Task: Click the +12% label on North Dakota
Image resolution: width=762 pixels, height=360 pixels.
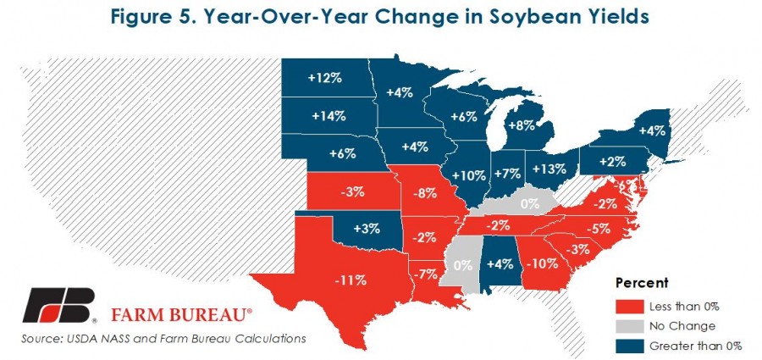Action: point(325,78)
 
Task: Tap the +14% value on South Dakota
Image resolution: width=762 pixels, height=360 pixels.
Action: point(329,116)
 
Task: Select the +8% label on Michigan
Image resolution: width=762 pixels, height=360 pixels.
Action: point(521,125)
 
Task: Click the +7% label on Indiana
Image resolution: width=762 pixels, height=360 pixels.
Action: point(507,173)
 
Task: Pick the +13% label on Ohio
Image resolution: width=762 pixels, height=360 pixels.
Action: point(549,169)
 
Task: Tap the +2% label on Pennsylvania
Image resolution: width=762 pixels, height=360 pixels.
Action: point(612,162)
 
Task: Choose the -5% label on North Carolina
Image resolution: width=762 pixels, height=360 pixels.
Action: point(598,228)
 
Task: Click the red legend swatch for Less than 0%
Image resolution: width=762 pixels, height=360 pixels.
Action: point(629,307)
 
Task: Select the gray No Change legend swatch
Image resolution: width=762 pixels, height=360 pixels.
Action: point(629,326)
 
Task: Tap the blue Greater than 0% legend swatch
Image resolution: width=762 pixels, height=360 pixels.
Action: point(629,346)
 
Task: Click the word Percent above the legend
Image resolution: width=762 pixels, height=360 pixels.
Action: point(642,283)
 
